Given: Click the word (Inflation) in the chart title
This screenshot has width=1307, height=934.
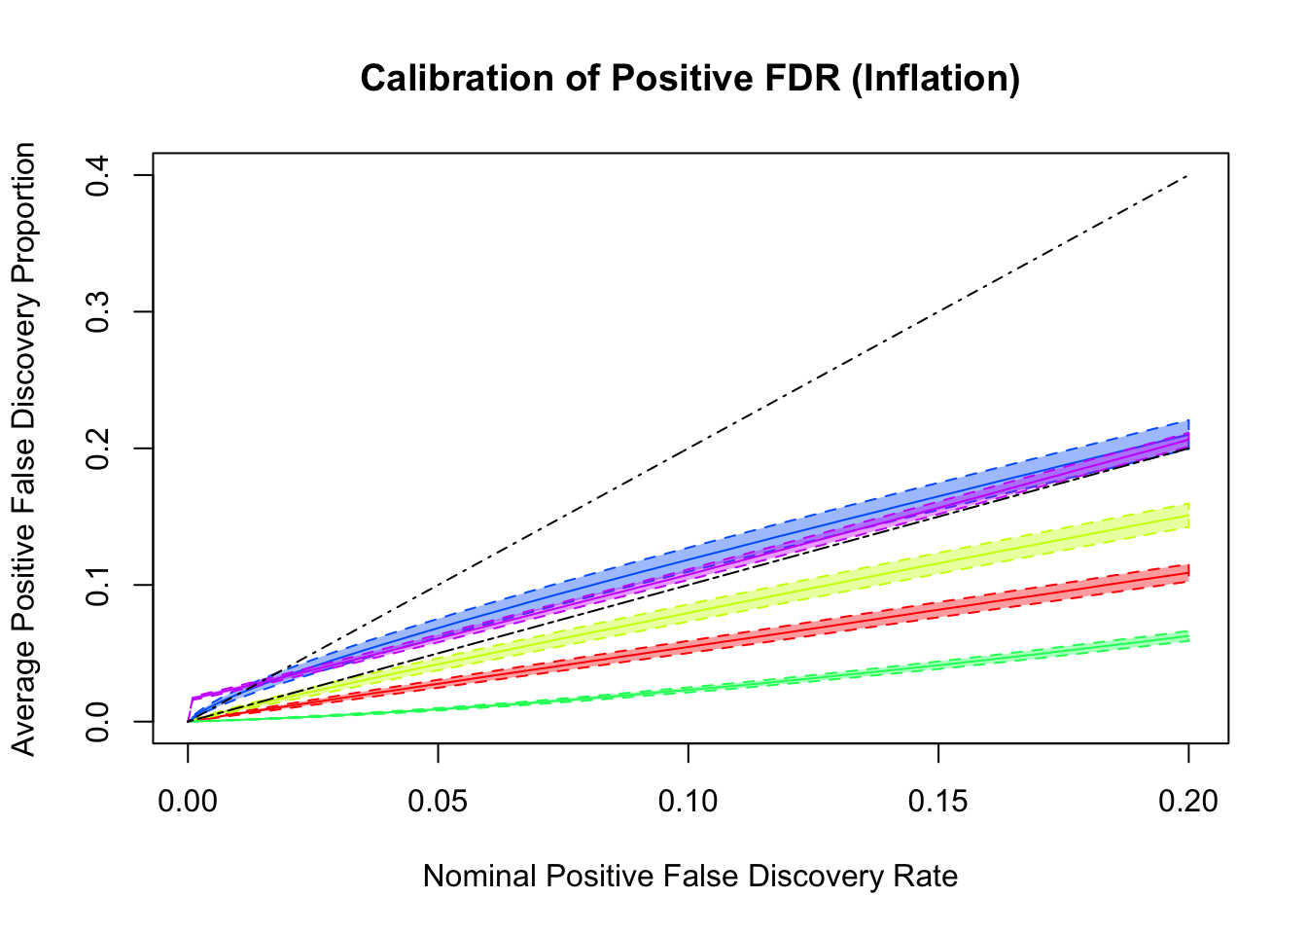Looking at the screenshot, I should [x=935, y=78].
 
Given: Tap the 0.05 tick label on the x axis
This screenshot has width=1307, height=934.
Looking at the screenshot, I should [x=438, y=801].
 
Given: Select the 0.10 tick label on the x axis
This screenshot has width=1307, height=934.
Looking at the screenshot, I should [x=688, y=801].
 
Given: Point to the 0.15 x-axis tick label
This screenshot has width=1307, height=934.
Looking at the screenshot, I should [x=937, y=801].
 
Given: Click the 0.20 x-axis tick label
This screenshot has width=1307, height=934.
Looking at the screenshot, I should [x=1187, y=801].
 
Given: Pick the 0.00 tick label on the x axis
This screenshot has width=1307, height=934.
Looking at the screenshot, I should [x=188, y=801].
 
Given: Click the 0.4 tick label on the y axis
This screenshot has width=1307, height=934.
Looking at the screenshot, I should [x=97, y=175].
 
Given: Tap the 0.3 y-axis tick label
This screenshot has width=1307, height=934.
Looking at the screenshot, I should [x=97, y=311].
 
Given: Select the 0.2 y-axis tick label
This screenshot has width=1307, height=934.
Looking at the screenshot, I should [x=97, y=449].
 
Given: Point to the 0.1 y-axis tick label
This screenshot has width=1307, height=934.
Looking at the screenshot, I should [x=97, y=585].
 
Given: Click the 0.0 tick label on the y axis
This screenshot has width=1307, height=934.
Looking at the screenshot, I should [x=97, y=721].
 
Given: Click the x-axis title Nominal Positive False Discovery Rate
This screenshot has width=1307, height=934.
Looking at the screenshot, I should [x=690, y=877].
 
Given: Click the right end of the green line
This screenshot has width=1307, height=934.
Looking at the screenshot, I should [x=1187, y=637].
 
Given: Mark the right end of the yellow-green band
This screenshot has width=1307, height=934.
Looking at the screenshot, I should [x=1187, y=516].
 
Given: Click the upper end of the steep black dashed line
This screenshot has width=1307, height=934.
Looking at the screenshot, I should [x=1187, y=176].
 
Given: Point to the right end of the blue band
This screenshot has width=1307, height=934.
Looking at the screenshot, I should [x=1187, y=434].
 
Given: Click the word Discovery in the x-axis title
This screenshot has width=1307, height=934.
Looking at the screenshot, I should [x=812, y=877].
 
